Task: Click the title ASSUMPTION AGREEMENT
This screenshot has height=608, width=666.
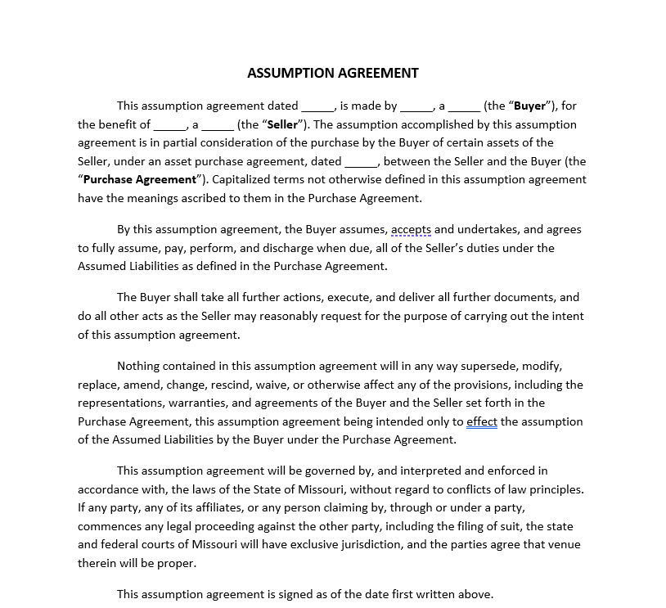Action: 332,73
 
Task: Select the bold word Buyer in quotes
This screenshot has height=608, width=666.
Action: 529,106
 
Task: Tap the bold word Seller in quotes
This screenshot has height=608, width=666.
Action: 283,124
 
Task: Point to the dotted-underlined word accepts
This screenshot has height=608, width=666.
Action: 412,230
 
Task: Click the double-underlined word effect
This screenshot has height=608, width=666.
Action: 482,421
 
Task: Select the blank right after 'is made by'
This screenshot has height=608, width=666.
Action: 416,106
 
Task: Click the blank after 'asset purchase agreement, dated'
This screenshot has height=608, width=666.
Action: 362,162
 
